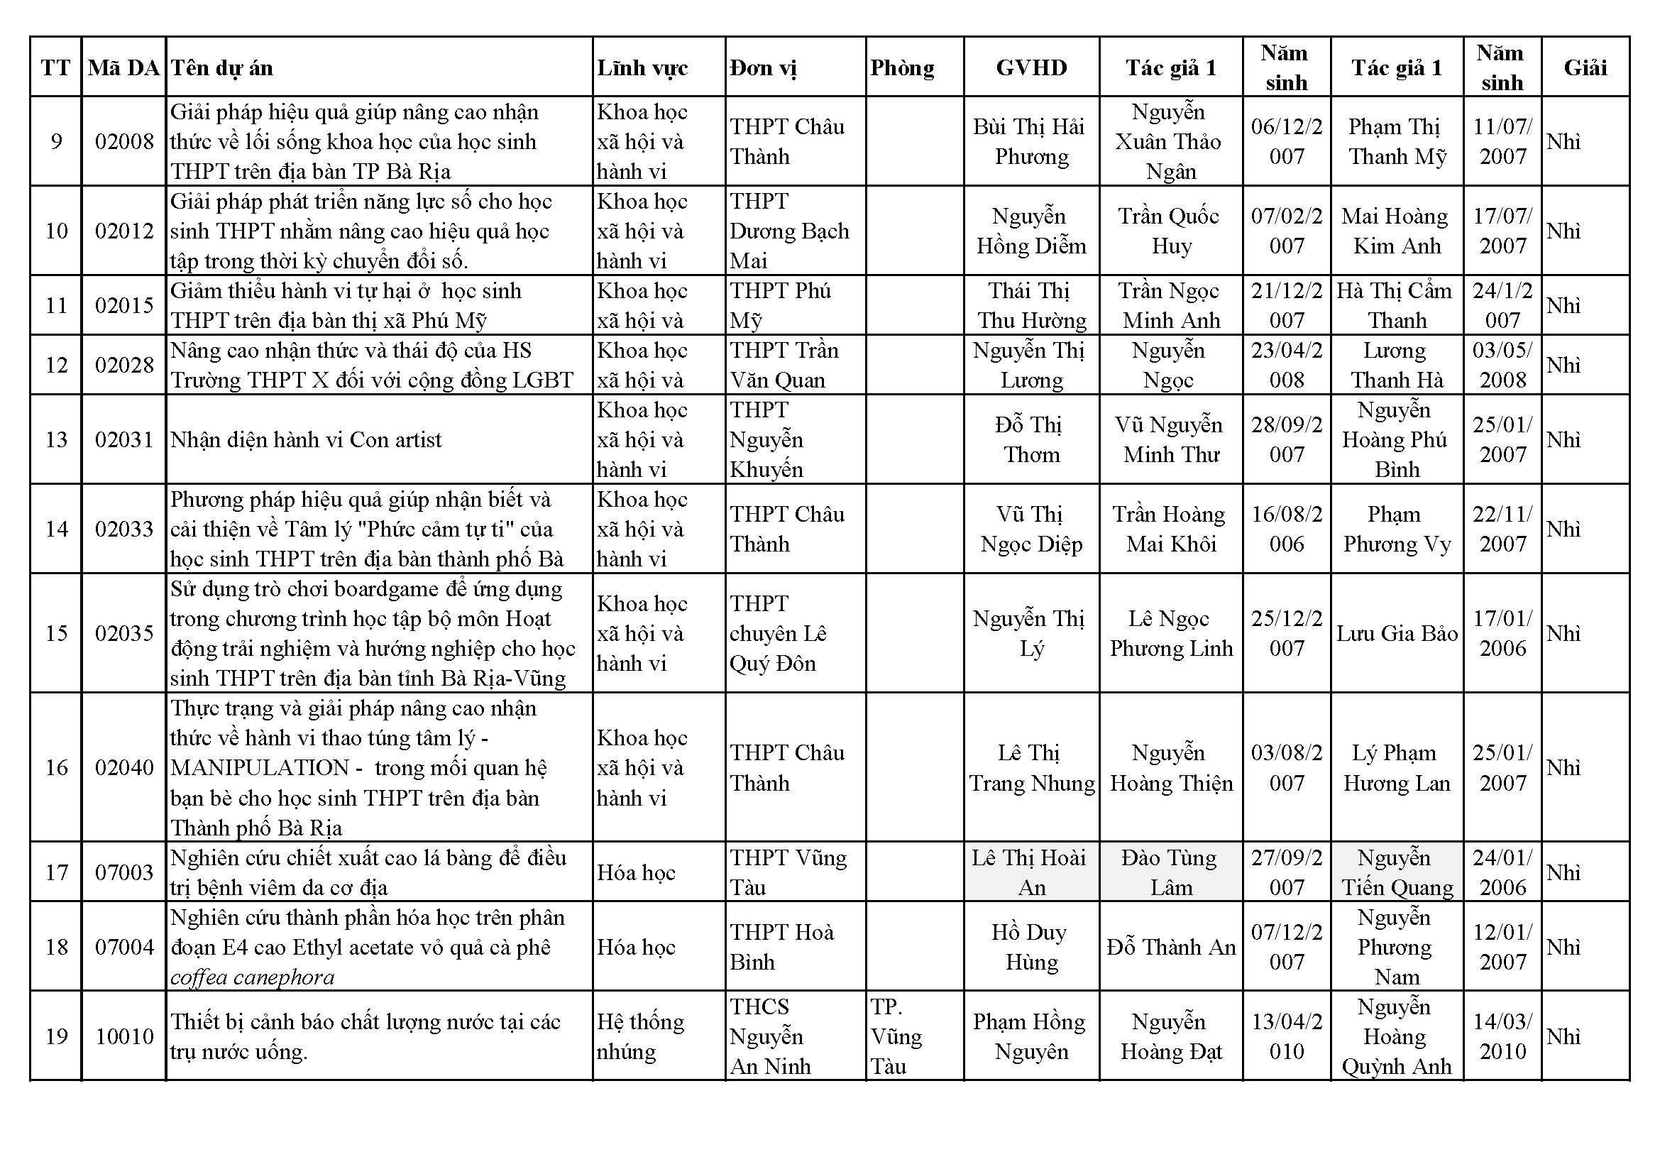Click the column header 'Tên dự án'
point(222,68)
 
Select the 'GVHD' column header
point(1031,68)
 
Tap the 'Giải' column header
point(1585,68)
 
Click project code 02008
point(124,142)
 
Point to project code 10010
point(124,1036)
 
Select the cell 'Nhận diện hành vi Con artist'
point(306,439)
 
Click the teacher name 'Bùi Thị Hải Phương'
point(1031,142)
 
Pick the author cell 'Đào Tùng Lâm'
point(1170,872)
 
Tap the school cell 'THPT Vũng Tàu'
point(787,872)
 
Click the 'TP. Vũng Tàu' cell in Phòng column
point(896,1036)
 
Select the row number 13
point(56,439)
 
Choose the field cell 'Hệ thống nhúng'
point(640,1036)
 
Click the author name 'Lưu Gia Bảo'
point(1396,634)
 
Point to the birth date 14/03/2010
point(1502,1036)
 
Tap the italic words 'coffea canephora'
point(253,977)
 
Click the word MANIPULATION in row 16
point(260,768)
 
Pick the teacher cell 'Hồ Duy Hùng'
point(1031,947)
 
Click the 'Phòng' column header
point(902,68)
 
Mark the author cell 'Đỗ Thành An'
point(1170,948)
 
